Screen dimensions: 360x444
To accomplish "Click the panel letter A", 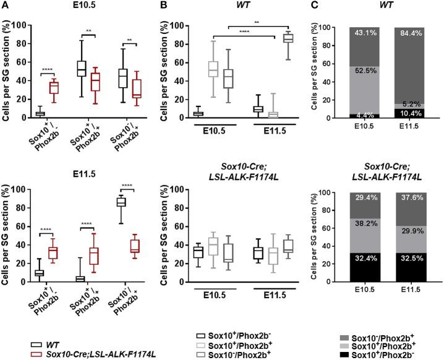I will (5, 6).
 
